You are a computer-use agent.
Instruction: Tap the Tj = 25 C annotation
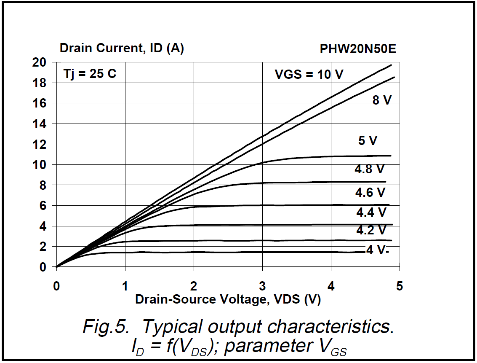pyautogui.click(x=90, y=74)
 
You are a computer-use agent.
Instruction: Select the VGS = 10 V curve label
pyautogui.click(x=309, y=75)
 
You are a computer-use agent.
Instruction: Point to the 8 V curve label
pyautogui.click(x=382, y=100)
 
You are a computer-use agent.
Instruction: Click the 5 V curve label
pyautogui.click(x=368, y=140)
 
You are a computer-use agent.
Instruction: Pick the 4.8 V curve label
pyautogui.click(x=370, y=169)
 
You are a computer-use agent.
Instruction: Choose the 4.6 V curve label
pyautogui.click(x=370, y=193)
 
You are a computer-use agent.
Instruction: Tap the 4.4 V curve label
pyautogui.click(x=371, y=212)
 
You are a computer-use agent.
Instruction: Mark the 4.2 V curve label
pyautogui.click(x=371, y=230)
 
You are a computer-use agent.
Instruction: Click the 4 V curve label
pyautogui.click(x=376, y=250)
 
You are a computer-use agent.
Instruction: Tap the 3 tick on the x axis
pyautogui.click(x=263, y=287)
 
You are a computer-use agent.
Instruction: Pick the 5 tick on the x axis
pyautogui.click(x=399, y=287)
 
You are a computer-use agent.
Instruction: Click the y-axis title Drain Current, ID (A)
pyautogui.click(x=122, y=48)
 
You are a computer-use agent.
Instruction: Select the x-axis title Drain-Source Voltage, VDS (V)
pyautogui.click(x=228, y=300)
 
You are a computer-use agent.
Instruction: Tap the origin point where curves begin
pyautogui.click(x=56, y=267)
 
